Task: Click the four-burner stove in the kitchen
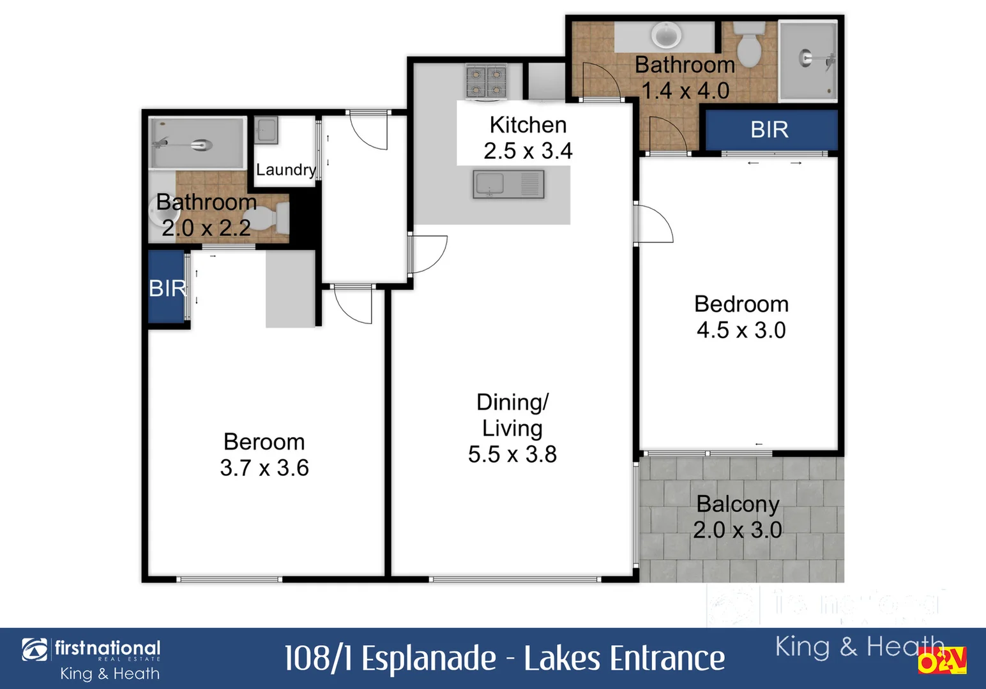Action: point(486,82)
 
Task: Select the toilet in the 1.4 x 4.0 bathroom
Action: point(748,42)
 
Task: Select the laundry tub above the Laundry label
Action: point(266,131)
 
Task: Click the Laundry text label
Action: point(285,170)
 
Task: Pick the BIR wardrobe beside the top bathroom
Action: point(770,130)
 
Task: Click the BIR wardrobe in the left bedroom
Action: point(167,288)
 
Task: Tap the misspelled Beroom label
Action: point(264,441)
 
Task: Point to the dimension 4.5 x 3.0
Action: point(741,330)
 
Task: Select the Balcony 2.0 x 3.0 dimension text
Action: point(738,530)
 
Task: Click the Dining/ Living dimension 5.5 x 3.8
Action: point(512,454)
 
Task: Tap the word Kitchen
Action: point(527,125)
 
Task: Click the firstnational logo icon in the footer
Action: point(34,650)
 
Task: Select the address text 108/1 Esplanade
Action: point(390,658)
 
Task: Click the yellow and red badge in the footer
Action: point(942,661)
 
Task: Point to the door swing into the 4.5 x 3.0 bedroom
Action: point(654,223)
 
